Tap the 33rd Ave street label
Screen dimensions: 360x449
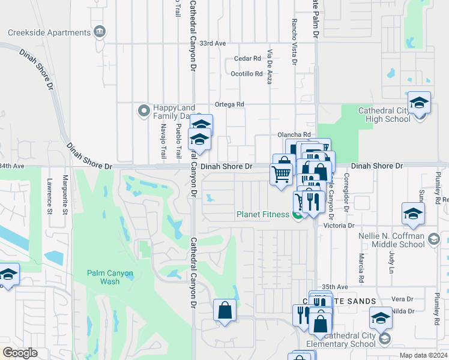(212, 44)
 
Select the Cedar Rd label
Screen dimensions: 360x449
(248, 59)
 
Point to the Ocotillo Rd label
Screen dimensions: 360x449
(247, 74)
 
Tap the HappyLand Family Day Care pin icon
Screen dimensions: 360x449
(143, 111)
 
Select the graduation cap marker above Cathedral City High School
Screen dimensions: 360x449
(419, 102)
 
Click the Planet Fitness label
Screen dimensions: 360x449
(264, 214)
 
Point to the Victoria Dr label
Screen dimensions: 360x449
(339, 226)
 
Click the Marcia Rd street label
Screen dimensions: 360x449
(361, 268)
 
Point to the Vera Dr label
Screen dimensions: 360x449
(402, 299)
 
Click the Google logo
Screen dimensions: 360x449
(20, 353)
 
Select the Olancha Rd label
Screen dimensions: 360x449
(294, 134)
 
